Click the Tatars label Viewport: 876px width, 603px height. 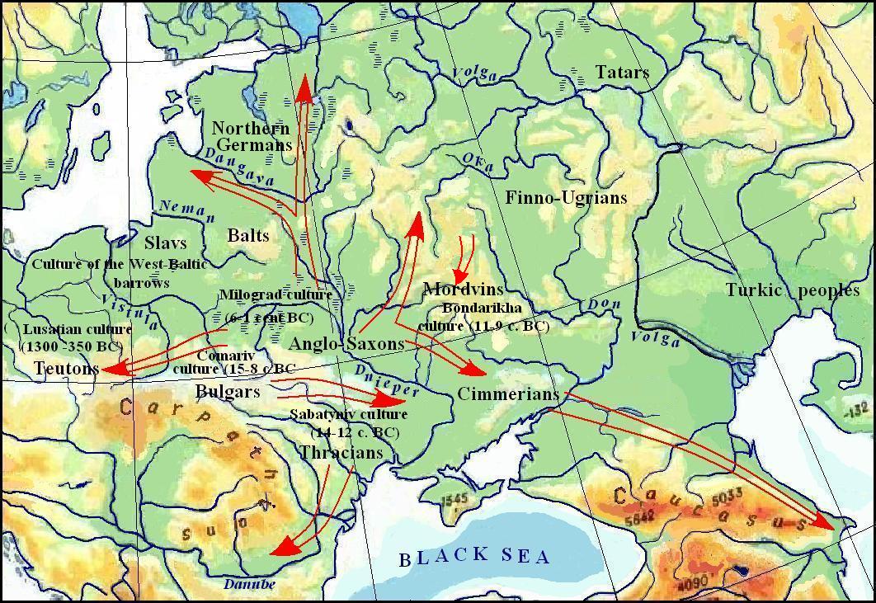(622, 73)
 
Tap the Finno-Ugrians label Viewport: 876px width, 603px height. (566, 198)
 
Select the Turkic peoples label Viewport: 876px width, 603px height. (792, 290)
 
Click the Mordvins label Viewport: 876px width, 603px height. (463, 290)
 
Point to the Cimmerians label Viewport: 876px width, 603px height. (508, 394)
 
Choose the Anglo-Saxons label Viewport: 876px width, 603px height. (348, 344)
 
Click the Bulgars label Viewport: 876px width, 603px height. (228, 391)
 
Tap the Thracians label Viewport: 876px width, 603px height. (341, 453)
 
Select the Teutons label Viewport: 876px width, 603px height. (66, 369)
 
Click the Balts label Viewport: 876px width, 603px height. (248, 236)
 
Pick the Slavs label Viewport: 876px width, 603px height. (165, 243)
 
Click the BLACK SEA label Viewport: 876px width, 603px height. (474, 558)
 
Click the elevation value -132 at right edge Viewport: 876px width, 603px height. (860, 410)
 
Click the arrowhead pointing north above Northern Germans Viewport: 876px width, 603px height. (305, 85)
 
